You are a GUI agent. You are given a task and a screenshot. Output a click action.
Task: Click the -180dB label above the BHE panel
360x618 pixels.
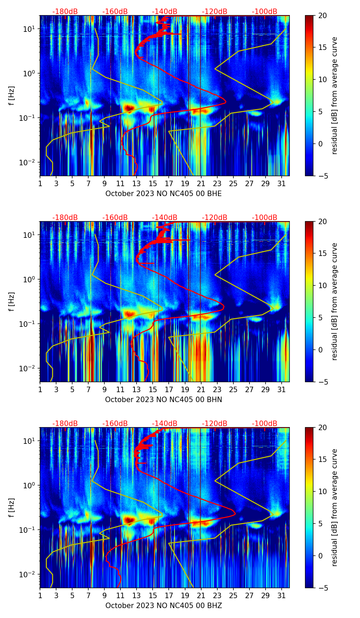click(65, 12)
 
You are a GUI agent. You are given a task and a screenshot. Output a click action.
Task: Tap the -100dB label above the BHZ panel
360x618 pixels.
click(265, 424)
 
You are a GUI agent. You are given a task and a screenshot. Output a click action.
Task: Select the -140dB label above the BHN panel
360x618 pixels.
click(165, 218)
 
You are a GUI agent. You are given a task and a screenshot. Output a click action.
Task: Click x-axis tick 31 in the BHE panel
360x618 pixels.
click(281, 184)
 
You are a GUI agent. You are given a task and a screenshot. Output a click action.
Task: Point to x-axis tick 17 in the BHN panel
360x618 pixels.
click(169, 390)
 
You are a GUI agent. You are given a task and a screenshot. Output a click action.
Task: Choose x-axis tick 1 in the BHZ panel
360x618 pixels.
click(40, 596)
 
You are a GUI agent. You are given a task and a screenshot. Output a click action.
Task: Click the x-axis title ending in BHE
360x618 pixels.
click(163, 194)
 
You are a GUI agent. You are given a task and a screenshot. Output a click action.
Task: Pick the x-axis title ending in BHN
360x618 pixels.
click(163, 400)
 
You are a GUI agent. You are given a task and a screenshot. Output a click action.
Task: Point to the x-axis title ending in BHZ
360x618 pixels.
click(163, 606)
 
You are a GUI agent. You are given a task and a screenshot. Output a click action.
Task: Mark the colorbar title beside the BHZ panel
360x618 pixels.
click(335, 507)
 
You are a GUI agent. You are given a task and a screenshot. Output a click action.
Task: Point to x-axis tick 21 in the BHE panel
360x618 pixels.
click(201, 184)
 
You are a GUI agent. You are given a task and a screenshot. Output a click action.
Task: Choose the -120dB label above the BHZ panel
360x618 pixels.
click(215, 424)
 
